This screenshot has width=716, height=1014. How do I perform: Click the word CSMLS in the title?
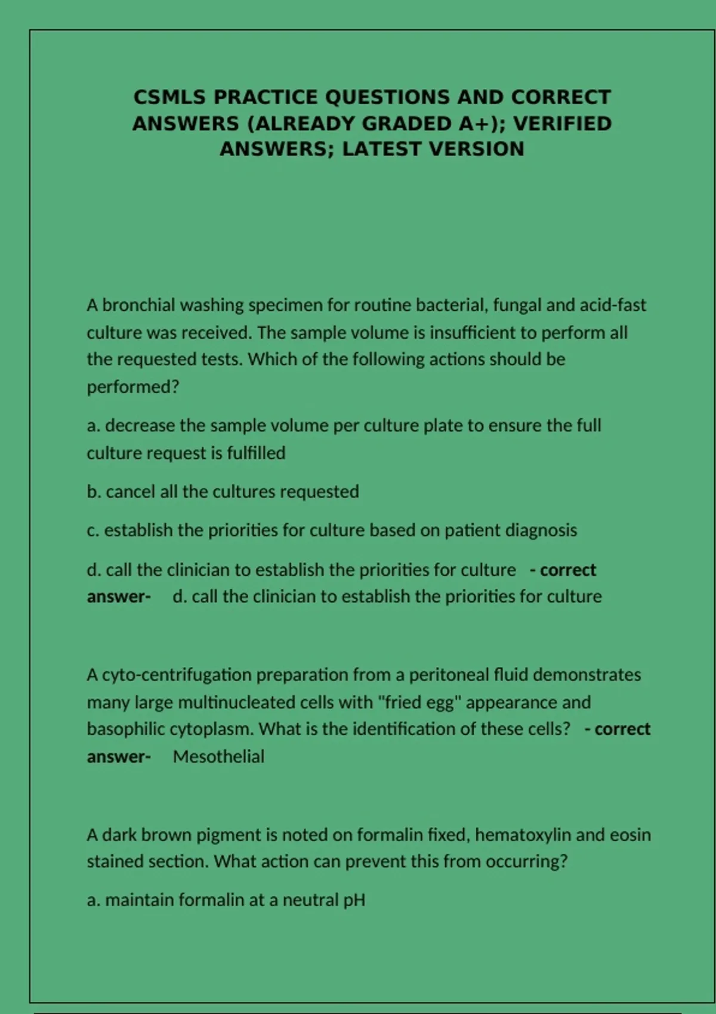tap(169, 97)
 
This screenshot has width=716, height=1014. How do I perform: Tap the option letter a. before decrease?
tap(93, 426)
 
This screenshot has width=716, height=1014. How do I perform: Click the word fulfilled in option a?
tap(256, 453)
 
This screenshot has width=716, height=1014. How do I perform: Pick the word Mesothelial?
tap(218, 757)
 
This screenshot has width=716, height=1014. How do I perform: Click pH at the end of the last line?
tap(354, 900)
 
